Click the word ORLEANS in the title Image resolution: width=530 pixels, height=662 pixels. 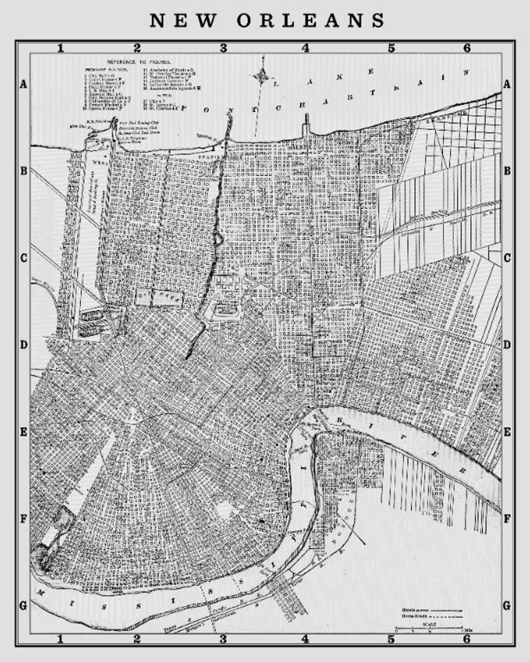point(311,21)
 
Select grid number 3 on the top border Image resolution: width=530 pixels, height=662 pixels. point(224,48)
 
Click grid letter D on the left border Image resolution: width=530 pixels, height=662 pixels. point(23,345)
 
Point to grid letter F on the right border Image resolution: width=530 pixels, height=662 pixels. point(507,518)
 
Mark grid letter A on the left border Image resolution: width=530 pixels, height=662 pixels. point(23,84)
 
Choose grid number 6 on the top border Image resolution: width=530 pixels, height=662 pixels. point(467,48)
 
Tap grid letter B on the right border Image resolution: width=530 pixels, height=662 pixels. point(507,171)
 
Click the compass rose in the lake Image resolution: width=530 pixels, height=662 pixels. point(262,74)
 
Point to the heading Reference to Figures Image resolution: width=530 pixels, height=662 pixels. point(139,61)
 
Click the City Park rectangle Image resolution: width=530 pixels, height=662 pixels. point(159,298)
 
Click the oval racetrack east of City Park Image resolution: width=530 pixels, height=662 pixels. point(225,308)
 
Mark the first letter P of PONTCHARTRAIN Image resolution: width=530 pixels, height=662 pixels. point(185,108)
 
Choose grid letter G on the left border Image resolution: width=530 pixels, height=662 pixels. point(23,605)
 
